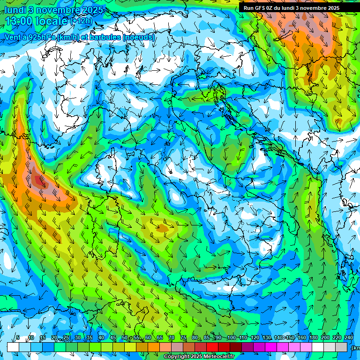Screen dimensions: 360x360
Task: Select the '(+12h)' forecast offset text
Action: pos(81,21)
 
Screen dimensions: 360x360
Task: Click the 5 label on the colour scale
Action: pos(18,338)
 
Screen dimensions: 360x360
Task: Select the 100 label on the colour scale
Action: pos(231,338)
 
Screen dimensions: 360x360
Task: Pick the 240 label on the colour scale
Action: pos(348,338)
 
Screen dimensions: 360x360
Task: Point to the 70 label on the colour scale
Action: pos(172,338)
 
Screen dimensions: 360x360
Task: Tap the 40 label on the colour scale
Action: pos(101,338)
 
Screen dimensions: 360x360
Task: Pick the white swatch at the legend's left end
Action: pos(13,347)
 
